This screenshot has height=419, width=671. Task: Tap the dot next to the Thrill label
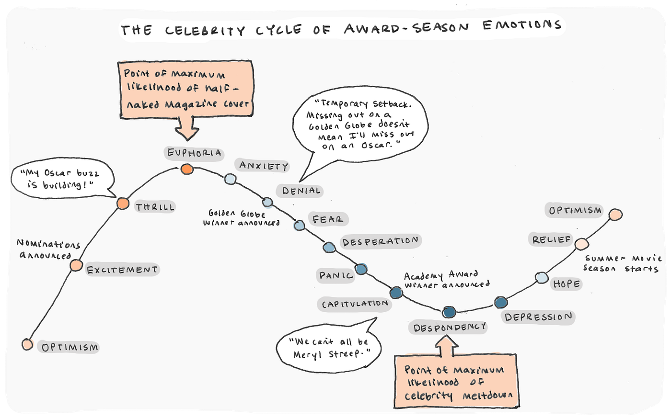123,204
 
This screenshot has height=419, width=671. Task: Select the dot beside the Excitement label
76,265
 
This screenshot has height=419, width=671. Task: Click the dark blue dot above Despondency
449,312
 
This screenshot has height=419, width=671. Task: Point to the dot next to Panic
361,269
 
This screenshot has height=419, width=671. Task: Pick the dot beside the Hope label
541,278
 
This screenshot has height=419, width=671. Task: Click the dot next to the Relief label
581,244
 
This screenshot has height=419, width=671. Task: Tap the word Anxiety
264,166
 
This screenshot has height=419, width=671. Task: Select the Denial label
301,191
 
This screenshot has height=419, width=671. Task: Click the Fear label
328,219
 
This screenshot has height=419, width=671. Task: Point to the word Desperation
380,241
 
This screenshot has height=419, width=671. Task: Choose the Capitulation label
355,304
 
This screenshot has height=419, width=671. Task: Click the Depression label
538,317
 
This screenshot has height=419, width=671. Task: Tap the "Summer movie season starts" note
622,263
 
